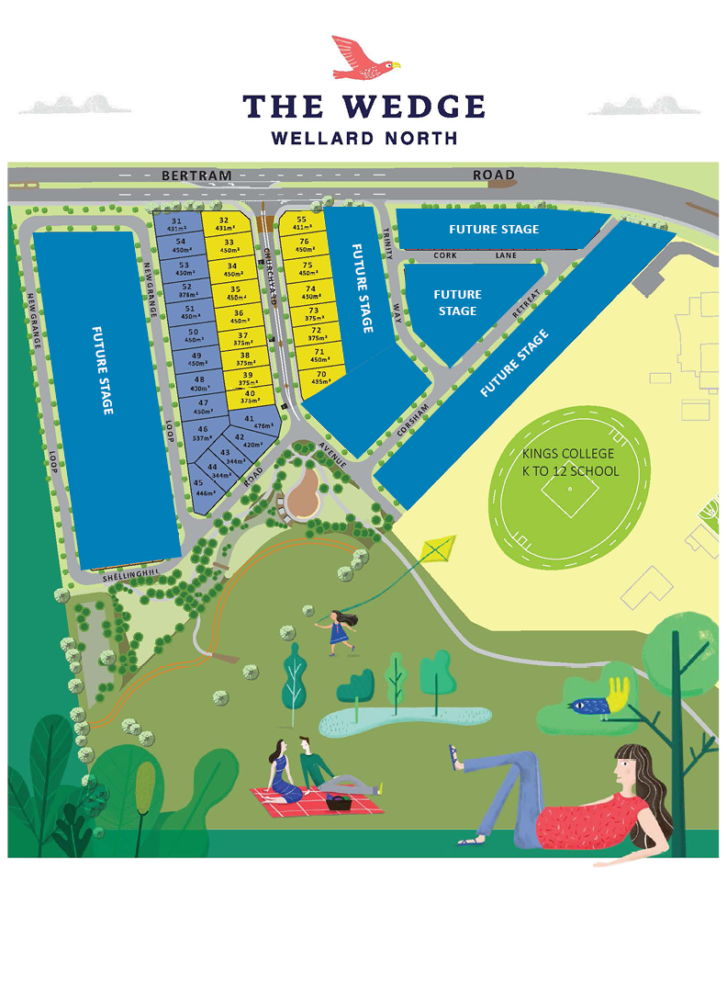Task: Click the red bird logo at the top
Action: click(x=363, y=57)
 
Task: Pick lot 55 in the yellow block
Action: click(x=301, y=223)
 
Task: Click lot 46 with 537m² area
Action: click(x=202, y=432)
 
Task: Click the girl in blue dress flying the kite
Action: click(x=339, y=631)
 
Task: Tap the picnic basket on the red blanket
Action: click(x=341, y=802)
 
